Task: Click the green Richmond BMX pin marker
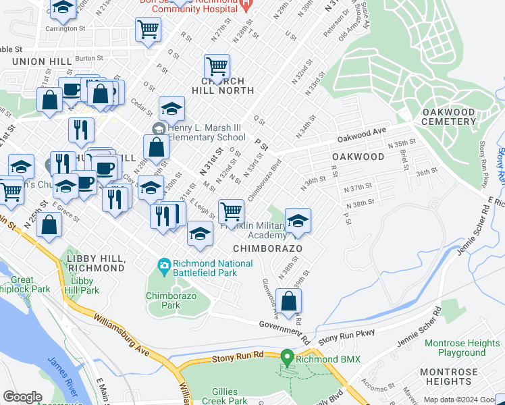pyautogui.click(x=287, y=357)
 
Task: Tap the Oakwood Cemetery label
pyautogui.click(x=448, y=116)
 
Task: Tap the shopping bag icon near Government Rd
pyautogui.click(x=288, y=300)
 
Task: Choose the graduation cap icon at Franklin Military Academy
pyautogui.click(x=297, y=220)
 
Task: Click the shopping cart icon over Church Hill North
pyautogui.click(x=217, y=66)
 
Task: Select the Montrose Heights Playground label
pyautogui.click(x=461, y=348)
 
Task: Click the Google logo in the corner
pyautogui.click(x=22, y=397)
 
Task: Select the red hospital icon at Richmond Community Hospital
pyautogui.click(x=246, y=4)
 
